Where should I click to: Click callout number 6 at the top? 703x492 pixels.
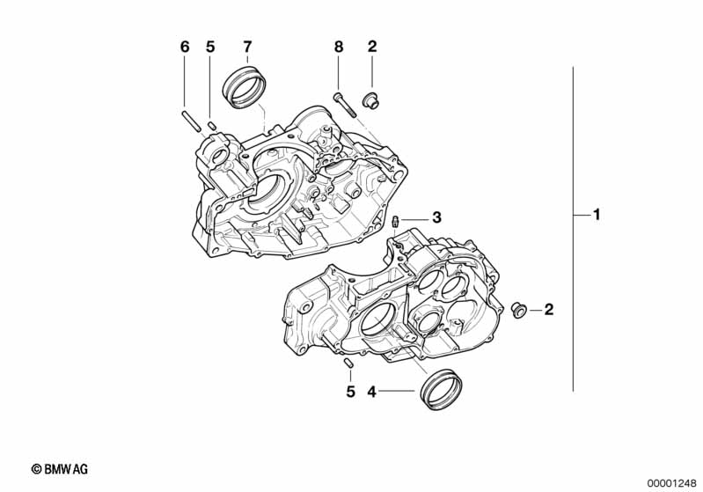pyautogui.click(x=185, y=47)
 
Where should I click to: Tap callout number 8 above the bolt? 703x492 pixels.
pyautogui.click(x=339, y=47)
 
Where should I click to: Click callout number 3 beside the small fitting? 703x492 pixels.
pyautogui.click(x=436, y=217)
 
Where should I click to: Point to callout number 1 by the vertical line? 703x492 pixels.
pyautogui.click(x=597, y=215)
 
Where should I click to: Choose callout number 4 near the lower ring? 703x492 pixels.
pyautogui.click(x=371, y=392)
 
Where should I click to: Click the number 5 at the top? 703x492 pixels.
pyautogui.click(x=210, y=47)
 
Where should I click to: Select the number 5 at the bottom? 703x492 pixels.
pyautogui.click(x=350, y=392)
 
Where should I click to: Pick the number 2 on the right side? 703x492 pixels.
pyautogui.click(x=549, y=310)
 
